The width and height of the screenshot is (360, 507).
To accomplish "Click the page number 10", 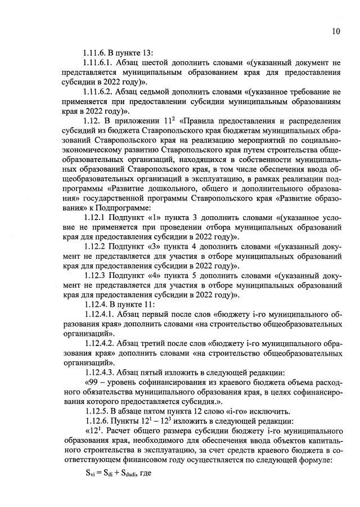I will click(336, 32).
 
